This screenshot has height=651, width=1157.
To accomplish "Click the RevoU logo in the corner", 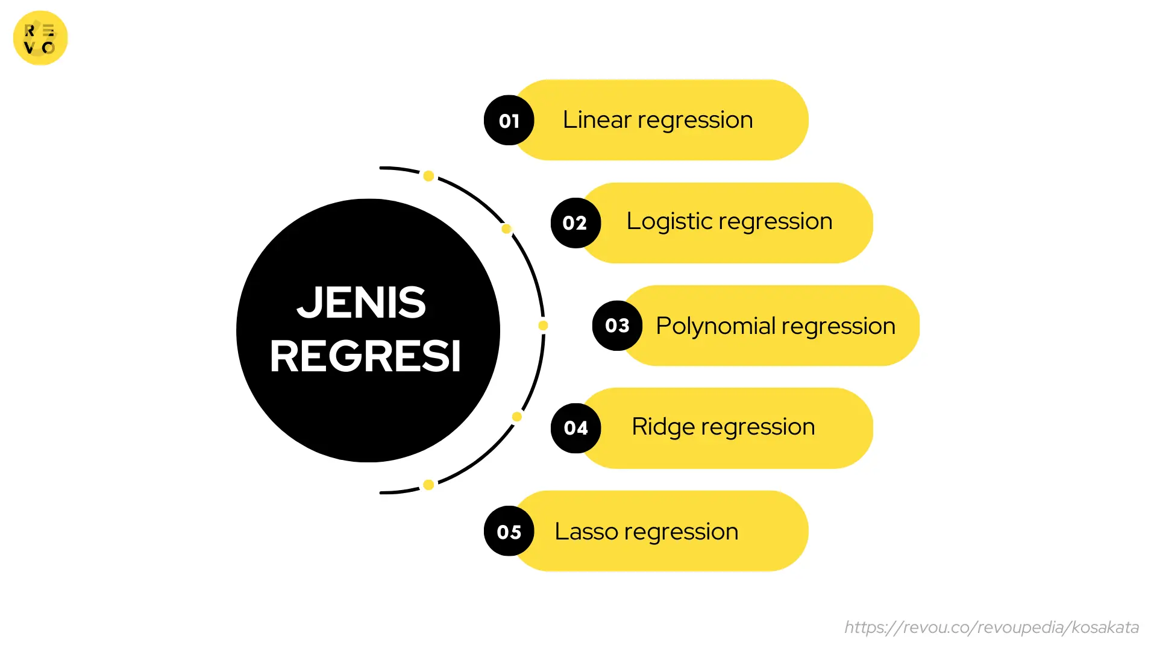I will tap(40, 38).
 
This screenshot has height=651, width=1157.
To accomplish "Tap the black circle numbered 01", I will tap(509, 121).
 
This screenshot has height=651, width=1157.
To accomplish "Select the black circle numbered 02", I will tap(575, 223).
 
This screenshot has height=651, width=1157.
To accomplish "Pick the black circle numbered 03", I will tap(617, 325).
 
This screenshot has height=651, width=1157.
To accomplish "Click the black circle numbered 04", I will tap(575, 428).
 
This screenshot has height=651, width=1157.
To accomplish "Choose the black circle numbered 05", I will tap(509, 531).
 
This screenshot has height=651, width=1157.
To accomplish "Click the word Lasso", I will tap(586, 531).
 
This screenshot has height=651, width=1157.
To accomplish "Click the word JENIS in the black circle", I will tap(362, 302).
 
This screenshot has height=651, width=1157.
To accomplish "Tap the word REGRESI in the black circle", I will tap(365, 356).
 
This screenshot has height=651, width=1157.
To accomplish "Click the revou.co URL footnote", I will tap(991, 627).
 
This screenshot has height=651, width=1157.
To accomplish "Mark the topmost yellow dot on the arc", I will tap(428, 176).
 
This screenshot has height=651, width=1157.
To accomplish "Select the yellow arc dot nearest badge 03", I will tap(543, 325).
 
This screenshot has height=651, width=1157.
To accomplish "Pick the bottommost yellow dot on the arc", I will tap(428, 485).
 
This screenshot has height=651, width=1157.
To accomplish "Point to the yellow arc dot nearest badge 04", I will tap(517, 417).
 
